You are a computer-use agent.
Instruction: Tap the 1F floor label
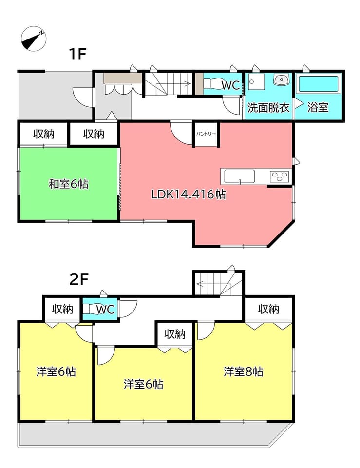click(x=77, y=54)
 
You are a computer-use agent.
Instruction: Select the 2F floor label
click(x=79, y=280)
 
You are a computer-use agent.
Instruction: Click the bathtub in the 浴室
click(x=318, y=84)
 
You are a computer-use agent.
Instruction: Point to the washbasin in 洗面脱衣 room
click(x=281, y=79)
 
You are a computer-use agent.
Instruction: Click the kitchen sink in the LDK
click(x=240, y=177)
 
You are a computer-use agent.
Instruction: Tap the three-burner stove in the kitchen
click(x=280, y=176)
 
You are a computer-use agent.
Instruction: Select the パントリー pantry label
click(x=206, y=134)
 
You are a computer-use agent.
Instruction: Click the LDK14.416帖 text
click(x=189, y=195)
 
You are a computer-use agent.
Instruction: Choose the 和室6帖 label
click(x=69, y=184)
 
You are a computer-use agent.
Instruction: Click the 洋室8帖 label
click(x=244, y=371)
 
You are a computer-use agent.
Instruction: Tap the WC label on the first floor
click(x=230, y=86)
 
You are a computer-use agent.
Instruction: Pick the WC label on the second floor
click(x=106, y=310)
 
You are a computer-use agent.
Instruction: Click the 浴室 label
click(x=318, y=107)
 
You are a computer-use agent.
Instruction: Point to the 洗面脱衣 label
click(x=268, y=107)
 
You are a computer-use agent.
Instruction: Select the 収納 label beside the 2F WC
click(x=62, y=309)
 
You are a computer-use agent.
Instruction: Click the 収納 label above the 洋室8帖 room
click(x=268, y=309)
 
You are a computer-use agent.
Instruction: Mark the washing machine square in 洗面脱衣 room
click(x=257, y=81)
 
